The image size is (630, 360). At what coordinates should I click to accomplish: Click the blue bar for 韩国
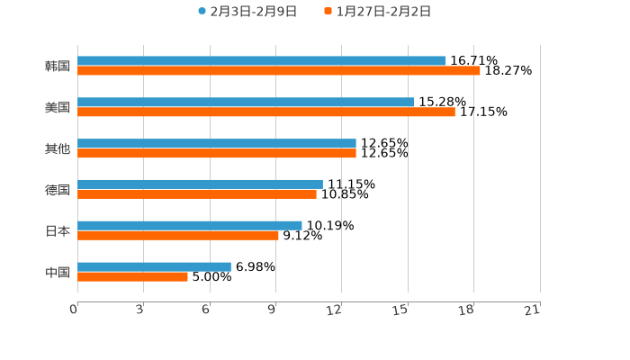tap(261, 61)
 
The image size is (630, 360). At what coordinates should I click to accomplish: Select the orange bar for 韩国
tap(279, 71)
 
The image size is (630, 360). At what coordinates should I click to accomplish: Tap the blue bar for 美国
tap(246, 103)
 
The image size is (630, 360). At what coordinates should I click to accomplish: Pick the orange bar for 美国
tap(266, 112)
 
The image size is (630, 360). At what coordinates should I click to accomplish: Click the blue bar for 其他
tap(217, 144)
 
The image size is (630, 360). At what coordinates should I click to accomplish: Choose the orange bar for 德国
tap(197, 194)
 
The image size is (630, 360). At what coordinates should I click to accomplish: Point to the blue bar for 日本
tap(190, 226)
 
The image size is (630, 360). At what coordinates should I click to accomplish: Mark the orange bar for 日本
tap(178, 236)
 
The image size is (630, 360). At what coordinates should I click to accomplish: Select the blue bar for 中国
tap(154, 266)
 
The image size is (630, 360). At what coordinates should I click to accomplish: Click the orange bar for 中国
tap(132, 276)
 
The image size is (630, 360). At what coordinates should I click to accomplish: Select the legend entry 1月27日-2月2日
tap(383, 12)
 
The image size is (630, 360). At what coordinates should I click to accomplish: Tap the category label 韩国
tap(58, 67)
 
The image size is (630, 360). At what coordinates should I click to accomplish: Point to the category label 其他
tap(58, 148)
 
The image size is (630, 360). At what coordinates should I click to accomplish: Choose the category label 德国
tap(58, 190)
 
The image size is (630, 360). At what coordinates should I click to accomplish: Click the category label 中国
tap(58, 272)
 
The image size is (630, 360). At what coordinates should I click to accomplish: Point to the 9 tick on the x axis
tap(272, 310)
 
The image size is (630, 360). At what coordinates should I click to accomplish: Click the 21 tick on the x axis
tap(533, 310)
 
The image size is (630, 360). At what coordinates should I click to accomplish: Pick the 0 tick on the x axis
tap(74, 310)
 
